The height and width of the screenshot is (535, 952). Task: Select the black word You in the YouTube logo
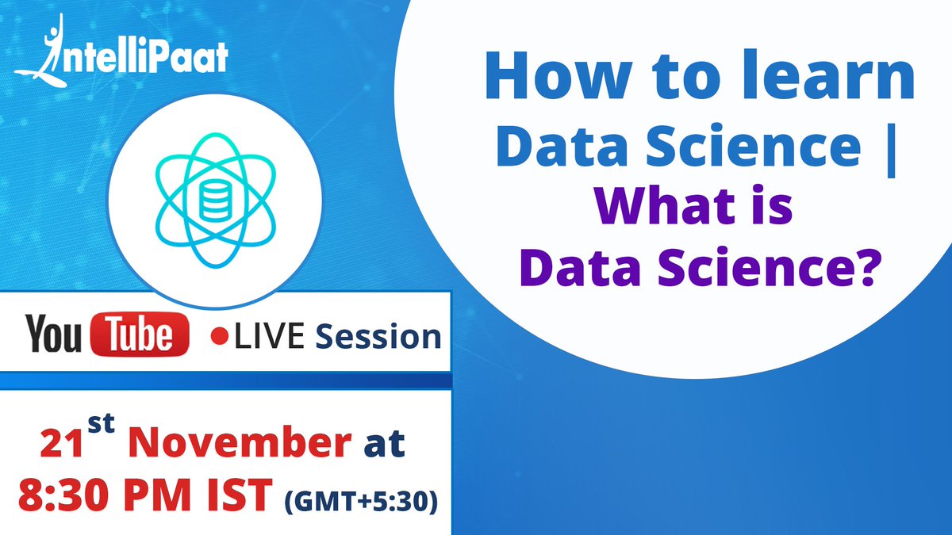click(x=53, y=335)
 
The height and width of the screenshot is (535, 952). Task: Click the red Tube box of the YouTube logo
click(x=140, y=335)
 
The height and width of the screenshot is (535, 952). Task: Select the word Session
click(x=378, y=337)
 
